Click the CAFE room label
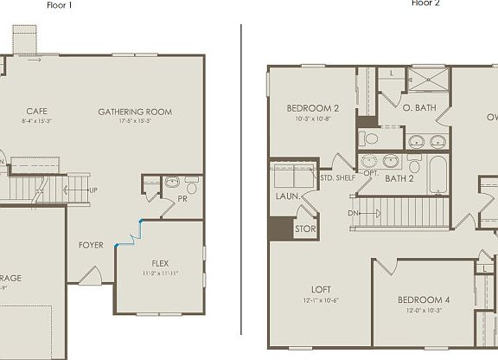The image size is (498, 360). pos(36,111)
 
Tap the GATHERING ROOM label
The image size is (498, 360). pos(135,112)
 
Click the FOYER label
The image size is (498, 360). pos(91,245)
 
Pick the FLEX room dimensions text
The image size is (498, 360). pos(160,273)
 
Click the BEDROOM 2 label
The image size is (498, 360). pos(312,108)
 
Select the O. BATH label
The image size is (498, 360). pos(418,108)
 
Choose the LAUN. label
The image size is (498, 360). pos(288,196)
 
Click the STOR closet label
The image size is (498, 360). pos(304,229)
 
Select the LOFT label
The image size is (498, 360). pos(322,290)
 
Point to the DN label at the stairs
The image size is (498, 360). pos(354,213)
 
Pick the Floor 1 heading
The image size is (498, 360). pos(60,4)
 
